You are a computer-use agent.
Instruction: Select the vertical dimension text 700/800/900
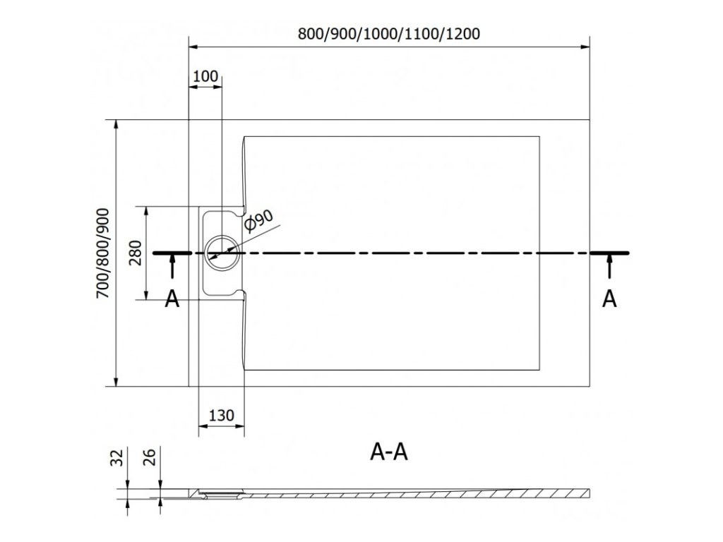click(x=103, y=254)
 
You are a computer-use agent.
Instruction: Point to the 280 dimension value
click(x=136, y=252)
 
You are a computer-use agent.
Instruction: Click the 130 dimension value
click(x=222, y=416)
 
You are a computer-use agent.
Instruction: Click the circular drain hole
click(x=221, y=251)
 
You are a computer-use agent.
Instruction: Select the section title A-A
click(x=389, y=452)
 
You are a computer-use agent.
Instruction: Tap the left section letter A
click(x=172, y=299)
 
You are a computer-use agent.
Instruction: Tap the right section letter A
click(x=609, y=299)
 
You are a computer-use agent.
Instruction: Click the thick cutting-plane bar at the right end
click(x=609, y=252)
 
